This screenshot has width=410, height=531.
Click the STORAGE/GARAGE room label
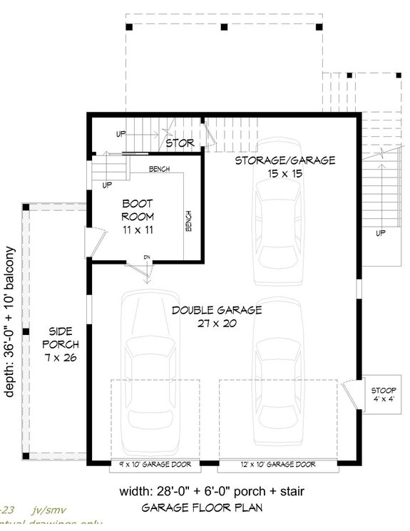(x=285, y=160)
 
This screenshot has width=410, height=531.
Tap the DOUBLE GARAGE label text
(x=216, y=310)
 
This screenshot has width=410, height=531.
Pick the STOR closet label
(x=180, y=143)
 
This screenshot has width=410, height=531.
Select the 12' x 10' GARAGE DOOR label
(x=277, y=464)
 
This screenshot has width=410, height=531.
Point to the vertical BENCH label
(x=189, y=222)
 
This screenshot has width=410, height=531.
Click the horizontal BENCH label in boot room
(x=159, y=169)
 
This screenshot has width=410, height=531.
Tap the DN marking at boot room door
(x=146, y=257)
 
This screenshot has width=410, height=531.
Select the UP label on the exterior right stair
(x=380, y=233)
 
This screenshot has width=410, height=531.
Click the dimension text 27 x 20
(x=216, y=323)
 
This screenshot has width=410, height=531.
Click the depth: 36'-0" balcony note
(x=10, y=331)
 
